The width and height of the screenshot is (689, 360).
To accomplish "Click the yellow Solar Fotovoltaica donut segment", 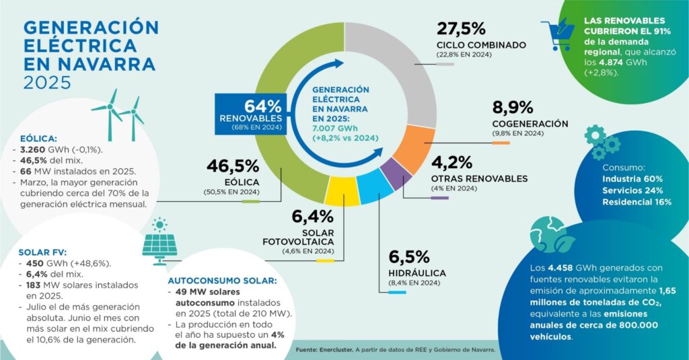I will (x=344, y=191).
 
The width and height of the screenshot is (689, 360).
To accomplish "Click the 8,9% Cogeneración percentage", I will (x=512, y=108).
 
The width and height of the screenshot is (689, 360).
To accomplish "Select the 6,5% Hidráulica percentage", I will (x=408, y=257).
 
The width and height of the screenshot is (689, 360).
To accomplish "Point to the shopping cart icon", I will (x=556, y=34).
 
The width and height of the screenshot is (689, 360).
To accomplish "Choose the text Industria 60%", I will (x=632, y=179).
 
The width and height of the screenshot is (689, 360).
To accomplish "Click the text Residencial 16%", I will (x=637, y=202).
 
